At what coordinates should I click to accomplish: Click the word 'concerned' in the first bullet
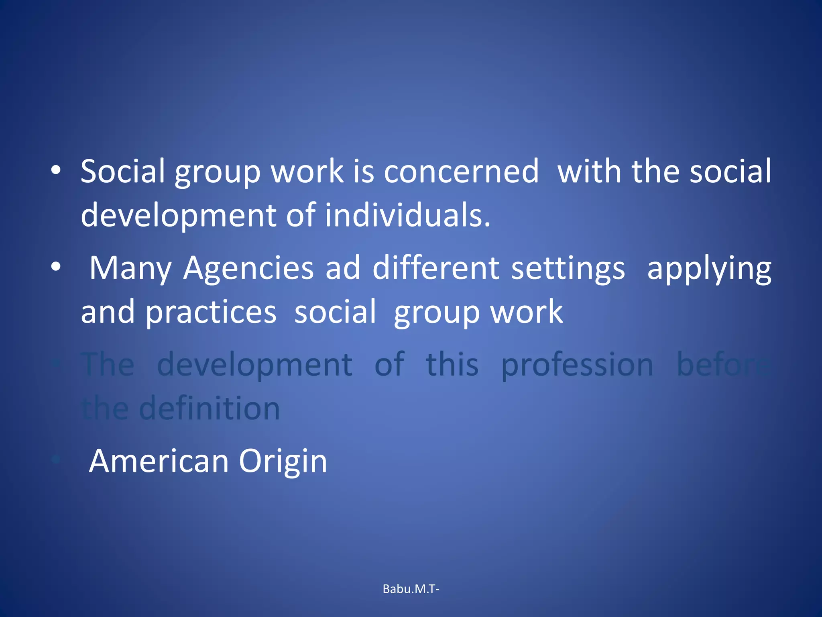(461, 172)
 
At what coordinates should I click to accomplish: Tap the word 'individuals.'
(407, 215)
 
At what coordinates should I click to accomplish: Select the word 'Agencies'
(248, 268)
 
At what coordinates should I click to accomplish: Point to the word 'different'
(436, 268)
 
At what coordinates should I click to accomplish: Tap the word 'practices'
(211, 313)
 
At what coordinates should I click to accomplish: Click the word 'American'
(159, 461)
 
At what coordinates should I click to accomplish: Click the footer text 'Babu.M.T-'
(411, 589)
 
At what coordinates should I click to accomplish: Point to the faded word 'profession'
(577, 365)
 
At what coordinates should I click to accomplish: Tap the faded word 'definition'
(209, 409)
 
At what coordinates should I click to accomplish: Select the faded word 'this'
(452, 365)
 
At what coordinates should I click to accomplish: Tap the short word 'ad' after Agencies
(343, 268)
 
